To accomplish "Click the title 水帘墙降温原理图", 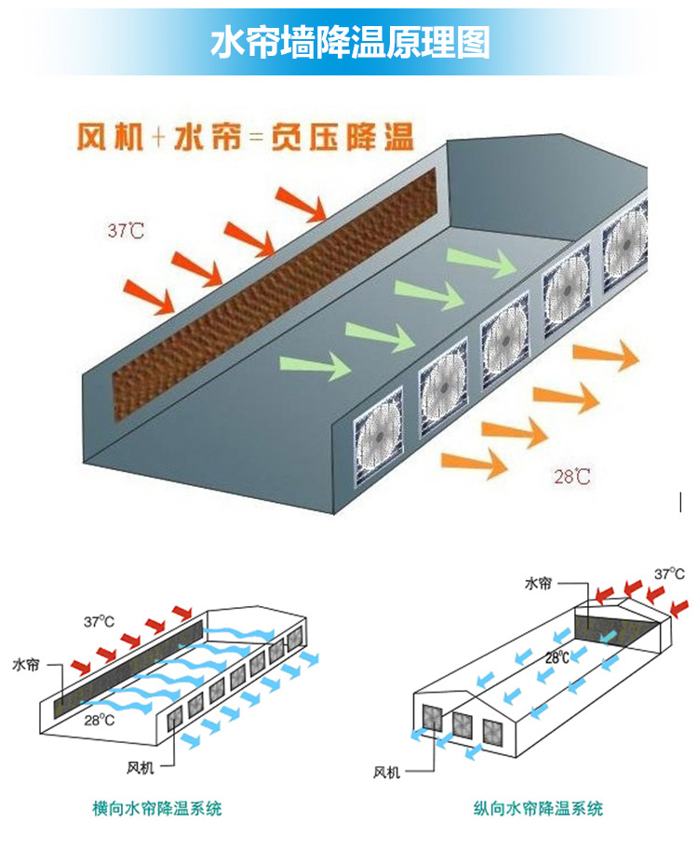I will tap(350, 43).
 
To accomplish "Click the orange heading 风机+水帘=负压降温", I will tap(243, 138).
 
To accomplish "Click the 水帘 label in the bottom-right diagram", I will tap(538, 584).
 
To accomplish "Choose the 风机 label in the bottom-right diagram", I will tap(387, 772).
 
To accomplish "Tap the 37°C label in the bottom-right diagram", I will tap(669, 575).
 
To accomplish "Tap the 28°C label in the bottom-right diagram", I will tap(557, 657).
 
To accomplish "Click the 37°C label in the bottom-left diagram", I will tap(100, 620).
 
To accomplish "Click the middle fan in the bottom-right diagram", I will tap(462, 724).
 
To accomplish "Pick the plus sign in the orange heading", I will tap(157, 139).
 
